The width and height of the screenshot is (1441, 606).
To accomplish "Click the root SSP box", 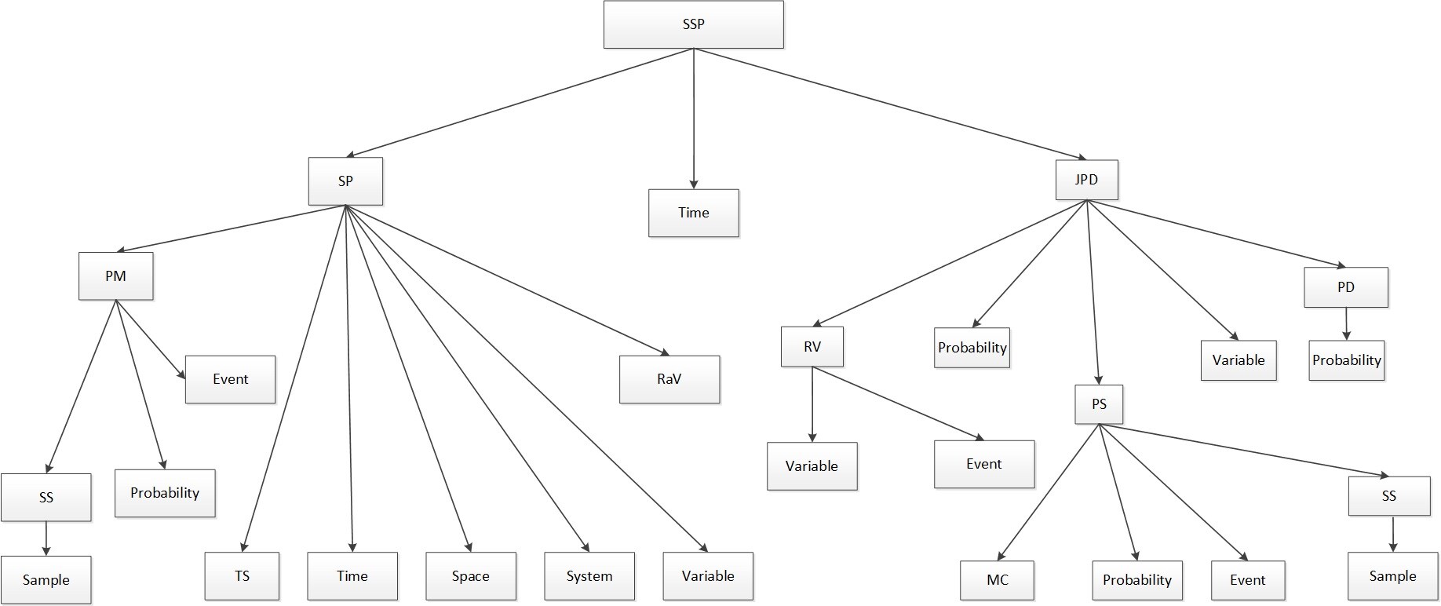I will pos(693,24).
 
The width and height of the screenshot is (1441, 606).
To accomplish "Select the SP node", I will pos(345,181).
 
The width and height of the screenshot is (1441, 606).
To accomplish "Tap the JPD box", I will pos(1086,180).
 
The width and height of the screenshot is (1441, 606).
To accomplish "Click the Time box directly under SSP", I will pos(693,213).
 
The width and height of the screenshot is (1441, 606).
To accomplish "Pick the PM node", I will pos(115,276).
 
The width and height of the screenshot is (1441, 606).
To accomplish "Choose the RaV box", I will pos(669,379).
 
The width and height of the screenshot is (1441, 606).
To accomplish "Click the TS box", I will pos(242,576).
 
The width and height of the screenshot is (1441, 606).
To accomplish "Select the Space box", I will pos(471,576).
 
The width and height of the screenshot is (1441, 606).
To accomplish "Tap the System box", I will pos(589,576).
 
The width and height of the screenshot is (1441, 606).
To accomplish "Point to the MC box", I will pos(997,580).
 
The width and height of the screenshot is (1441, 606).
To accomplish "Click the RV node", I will pos(812,347).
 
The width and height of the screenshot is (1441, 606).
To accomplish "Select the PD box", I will pos(1345,287).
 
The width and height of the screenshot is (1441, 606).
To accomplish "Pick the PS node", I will pos(1099,404).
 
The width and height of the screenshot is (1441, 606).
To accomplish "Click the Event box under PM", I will pos(230,379).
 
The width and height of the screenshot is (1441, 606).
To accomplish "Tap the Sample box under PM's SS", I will pos(46,580).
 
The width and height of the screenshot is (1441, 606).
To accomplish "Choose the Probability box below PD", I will pos(1346,360).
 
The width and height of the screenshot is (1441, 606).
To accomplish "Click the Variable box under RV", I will pos(812,466).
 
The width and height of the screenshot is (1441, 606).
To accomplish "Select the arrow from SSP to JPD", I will pos(887,103).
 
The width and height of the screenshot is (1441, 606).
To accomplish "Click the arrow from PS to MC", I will pos(1048,492).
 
